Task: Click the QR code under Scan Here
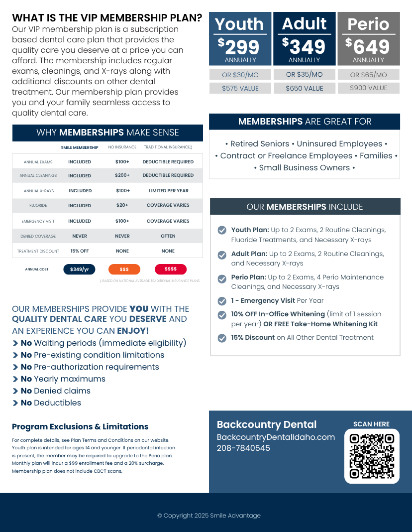click(x=372, y=456)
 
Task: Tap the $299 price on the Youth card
click(x=240, y=47)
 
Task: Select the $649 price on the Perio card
click(x=368, y=47)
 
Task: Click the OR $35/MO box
click(x=304, y=74)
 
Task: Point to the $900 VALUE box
click(x=368, y=88)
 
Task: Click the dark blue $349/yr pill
click(x=79, y=269)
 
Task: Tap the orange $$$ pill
click(x=124, y=269)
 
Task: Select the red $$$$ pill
click(x=171, y=269)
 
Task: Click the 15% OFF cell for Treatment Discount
click(x=80, y=251)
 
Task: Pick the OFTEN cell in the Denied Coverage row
click(x=168, y=236)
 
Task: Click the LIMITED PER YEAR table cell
click(x=168, y=191)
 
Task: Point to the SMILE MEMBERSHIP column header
click(x=80, y=147)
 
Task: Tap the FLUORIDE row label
click(x=38, y=206)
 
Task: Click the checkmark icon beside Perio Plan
click(x=222, y=278)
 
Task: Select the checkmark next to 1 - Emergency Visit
click(x=222, y=301)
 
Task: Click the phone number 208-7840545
click(x=243, y=448)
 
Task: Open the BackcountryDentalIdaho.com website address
click(x=276, y=437)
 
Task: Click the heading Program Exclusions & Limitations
click(x=80, y=427)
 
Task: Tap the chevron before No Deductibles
click(x=15, y=403)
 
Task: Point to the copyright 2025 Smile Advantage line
click(x=209, y=516)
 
